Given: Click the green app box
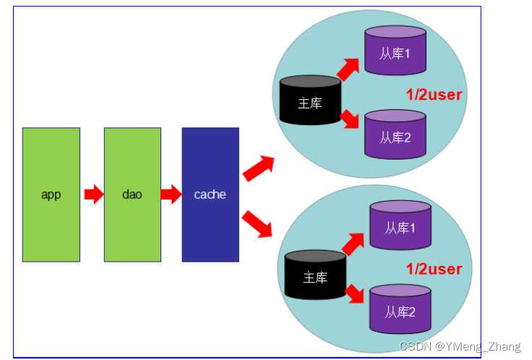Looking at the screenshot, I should pos(51,194).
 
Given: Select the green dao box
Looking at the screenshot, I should pos(132,194).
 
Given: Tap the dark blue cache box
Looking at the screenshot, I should pos(210,194).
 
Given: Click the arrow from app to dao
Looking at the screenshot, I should pos(94,194).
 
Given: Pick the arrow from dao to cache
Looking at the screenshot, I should pos(171,194).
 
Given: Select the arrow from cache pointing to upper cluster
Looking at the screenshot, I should pos(258,168).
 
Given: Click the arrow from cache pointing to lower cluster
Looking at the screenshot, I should pos(257,223).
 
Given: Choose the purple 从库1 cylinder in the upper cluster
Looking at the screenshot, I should pos(395,51).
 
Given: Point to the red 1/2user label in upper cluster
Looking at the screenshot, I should pos(433,94).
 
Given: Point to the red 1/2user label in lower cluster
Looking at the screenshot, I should pos(433,269).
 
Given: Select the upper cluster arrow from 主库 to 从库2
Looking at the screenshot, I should pos(349,118).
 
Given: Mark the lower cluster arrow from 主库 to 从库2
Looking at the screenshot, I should pos(354,293).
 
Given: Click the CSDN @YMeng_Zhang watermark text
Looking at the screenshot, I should pos(459,346).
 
